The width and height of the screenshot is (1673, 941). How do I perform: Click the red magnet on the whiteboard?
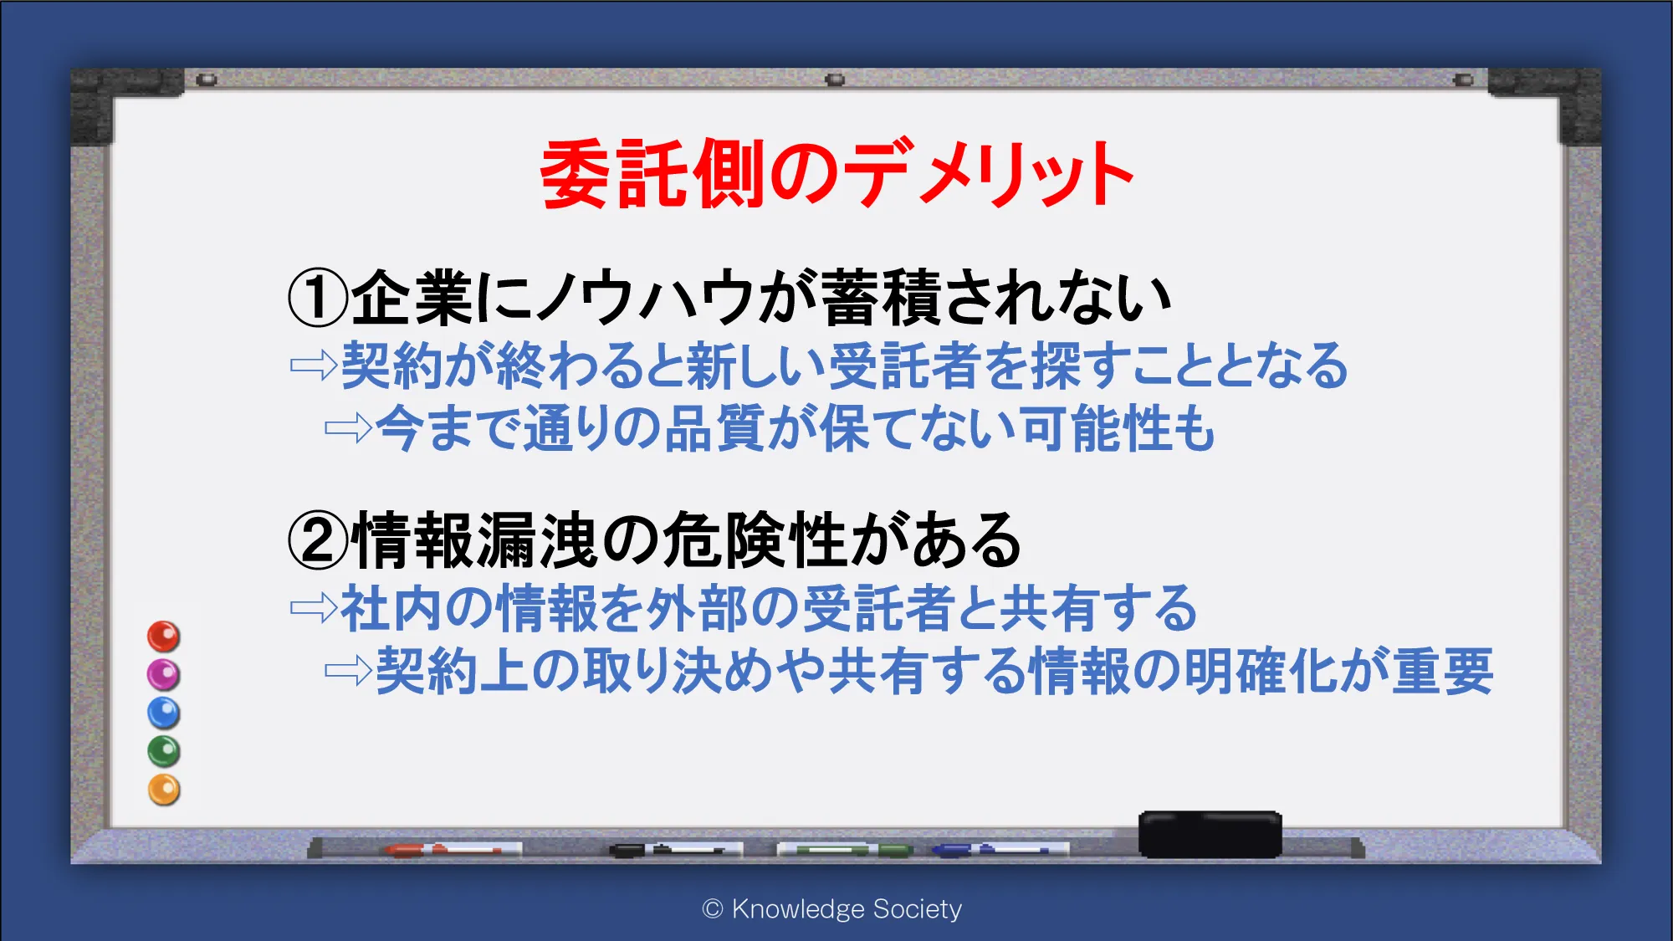point(164,637)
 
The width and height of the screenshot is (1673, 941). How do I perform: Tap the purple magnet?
point(164,674)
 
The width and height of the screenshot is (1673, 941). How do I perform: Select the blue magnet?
point(164,713)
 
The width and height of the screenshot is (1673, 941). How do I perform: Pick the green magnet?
point(164,751)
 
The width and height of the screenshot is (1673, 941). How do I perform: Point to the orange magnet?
point(164,790)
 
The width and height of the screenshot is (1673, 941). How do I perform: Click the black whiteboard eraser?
point(1210,834)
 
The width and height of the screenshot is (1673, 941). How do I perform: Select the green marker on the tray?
point(845,850)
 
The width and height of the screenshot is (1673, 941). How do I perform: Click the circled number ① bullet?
point(317,299)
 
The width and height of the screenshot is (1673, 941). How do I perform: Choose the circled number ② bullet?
point(317,540)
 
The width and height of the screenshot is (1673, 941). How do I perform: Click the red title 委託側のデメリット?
point(837,173)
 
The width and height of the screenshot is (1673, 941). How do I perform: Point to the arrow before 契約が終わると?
point(314,366)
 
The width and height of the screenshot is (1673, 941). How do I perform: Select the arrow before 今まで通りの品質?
point(348,429)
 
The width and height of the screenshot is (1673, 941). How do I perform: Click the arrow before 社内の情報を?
point(314,607)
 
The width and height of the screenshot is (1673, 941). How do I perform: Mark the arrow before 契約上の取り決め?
point(348,670)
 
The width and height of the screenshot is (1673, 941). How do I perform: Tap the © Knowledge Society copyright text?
point(832,908)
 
